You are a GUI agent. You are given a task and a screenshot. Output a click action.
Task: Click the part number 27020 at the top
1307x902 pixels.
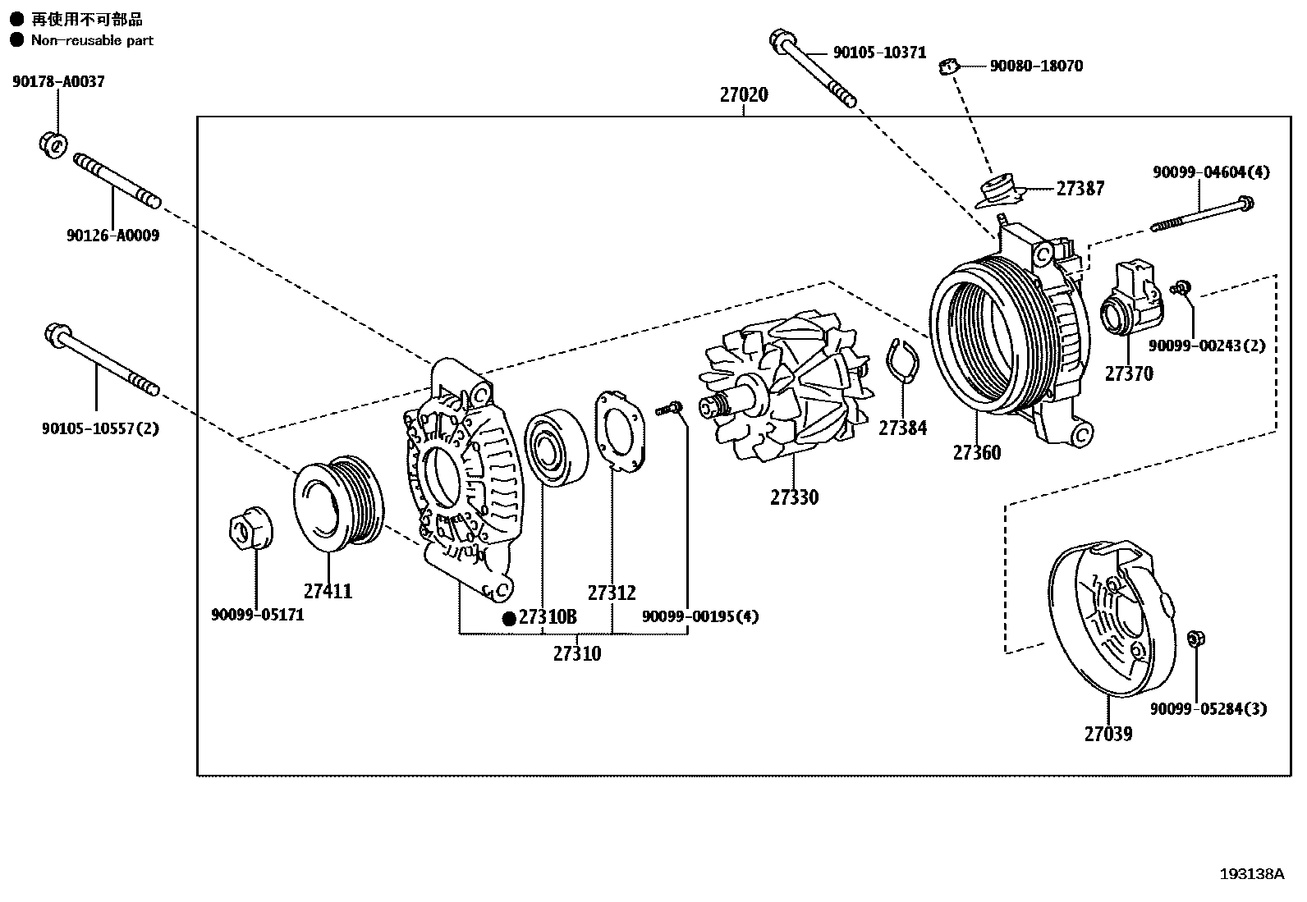(x=744, y=95)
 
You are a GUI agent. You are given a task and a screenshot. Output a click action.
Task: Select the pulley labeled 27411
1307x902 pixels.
(x=338, y=502)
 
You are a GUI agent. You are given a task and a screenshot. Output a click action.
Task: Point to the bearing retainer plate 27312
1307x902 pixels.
(x=621, y=431)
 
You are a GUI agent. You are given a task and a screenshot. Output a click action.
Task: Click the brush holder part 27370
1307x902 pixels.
(x=1131, y=300)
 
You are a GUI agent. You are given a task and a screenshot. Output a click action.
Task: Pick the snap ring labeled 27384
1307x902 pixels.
(x=903, y=360)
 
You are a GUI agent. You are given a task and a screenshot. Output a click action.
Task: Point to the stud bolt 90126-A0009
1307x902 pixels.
(x=117, y=181)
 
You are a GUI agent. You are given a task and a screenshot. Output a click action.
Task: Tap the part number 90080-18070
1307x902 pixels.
(x=1035, y=66)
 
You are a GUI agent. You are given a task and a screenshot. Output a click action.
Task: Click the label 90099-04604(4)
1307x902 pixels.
(x=1210, y=172)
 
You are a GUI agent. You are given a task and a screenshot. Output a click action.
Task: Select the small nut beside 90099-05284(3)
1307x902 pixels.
(x=1196, y=639)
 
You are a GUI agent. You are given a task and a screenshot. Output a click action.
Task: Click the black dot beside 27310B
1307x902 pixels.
(x=509, y=619)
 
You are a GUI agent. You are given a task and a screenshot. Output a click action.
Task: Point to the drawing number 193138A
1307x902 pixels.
(x=1250, y=874)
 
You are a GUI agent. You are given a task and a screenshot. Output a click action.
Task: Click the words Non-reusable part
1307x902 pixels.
(x=92, y=40)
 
